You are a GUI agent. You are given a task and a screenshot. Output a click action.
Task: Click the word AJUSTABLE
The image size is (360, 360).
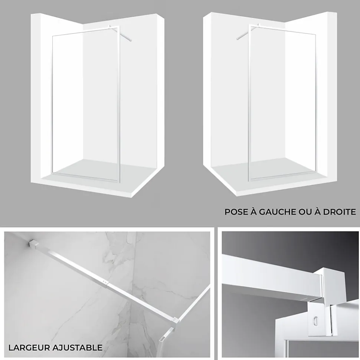[x=77, y=348]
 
